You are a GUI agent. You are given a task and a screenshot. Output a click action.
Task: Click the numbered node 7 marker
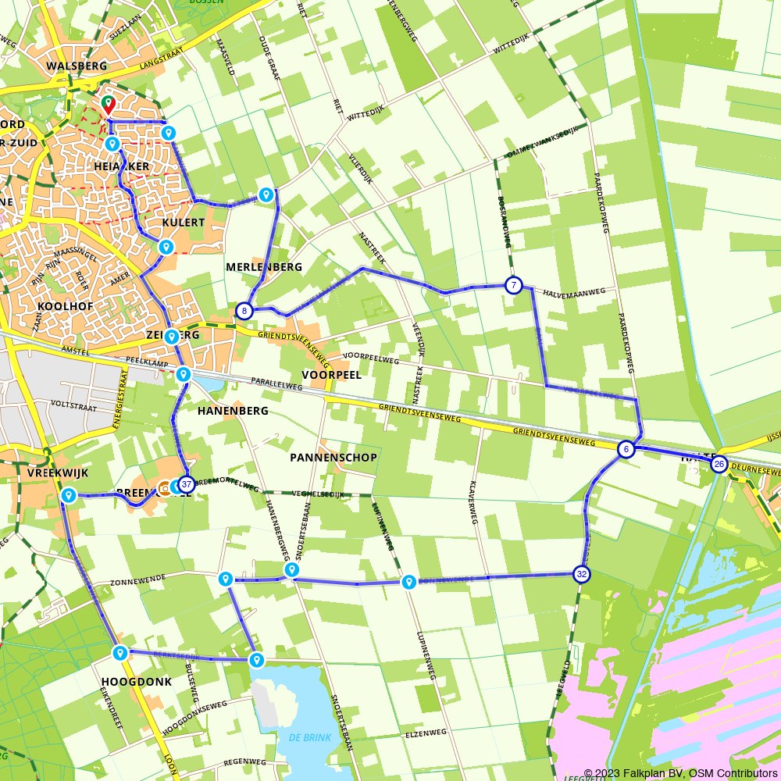[x=513, y=285]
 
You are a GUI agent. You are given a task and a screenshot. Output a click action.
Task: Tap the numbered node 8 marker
[x=244, y=311]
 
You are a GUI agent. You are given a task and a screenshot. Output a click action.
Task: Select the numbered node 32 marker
[x=581, y=574]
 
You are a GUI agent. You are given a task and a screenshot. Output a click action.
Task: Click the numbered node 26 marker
[x=719, y=465]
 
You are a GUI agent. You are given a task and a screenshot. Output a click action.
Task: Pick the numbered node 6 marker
[x=626, y=449]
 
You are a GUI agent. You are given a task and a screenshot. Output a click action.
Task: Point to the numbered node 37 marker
[x=186, y=484]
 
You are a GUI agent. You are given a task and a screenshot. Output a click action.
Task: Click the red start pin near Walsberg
[x=108, y=103]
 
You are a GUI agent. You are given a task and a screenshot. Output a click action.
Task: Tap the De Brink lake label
[x=310, y=738]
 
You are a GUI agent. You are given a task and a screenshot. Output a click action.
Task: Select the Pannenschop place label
[x=333, y=457]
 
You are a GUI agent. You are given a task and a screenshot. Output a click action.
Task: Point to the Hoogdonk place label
[x=136, y=682]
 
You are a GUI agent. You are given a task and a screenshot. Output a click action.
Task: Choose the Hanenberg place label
[x=233, y=411]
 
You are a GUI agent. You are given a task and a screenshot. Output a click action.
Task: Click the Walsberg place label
[x=76, y=66]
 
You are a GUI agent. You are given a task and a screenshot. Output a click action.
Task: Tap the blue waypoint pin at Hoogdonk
[x=119, y=652]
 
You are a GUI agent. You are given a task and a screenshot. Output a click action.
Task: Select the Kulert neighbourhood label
[x=183, y=223]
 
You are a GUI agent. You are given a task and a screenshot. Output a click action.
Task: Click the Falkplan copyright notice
[x=680, y=773]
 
